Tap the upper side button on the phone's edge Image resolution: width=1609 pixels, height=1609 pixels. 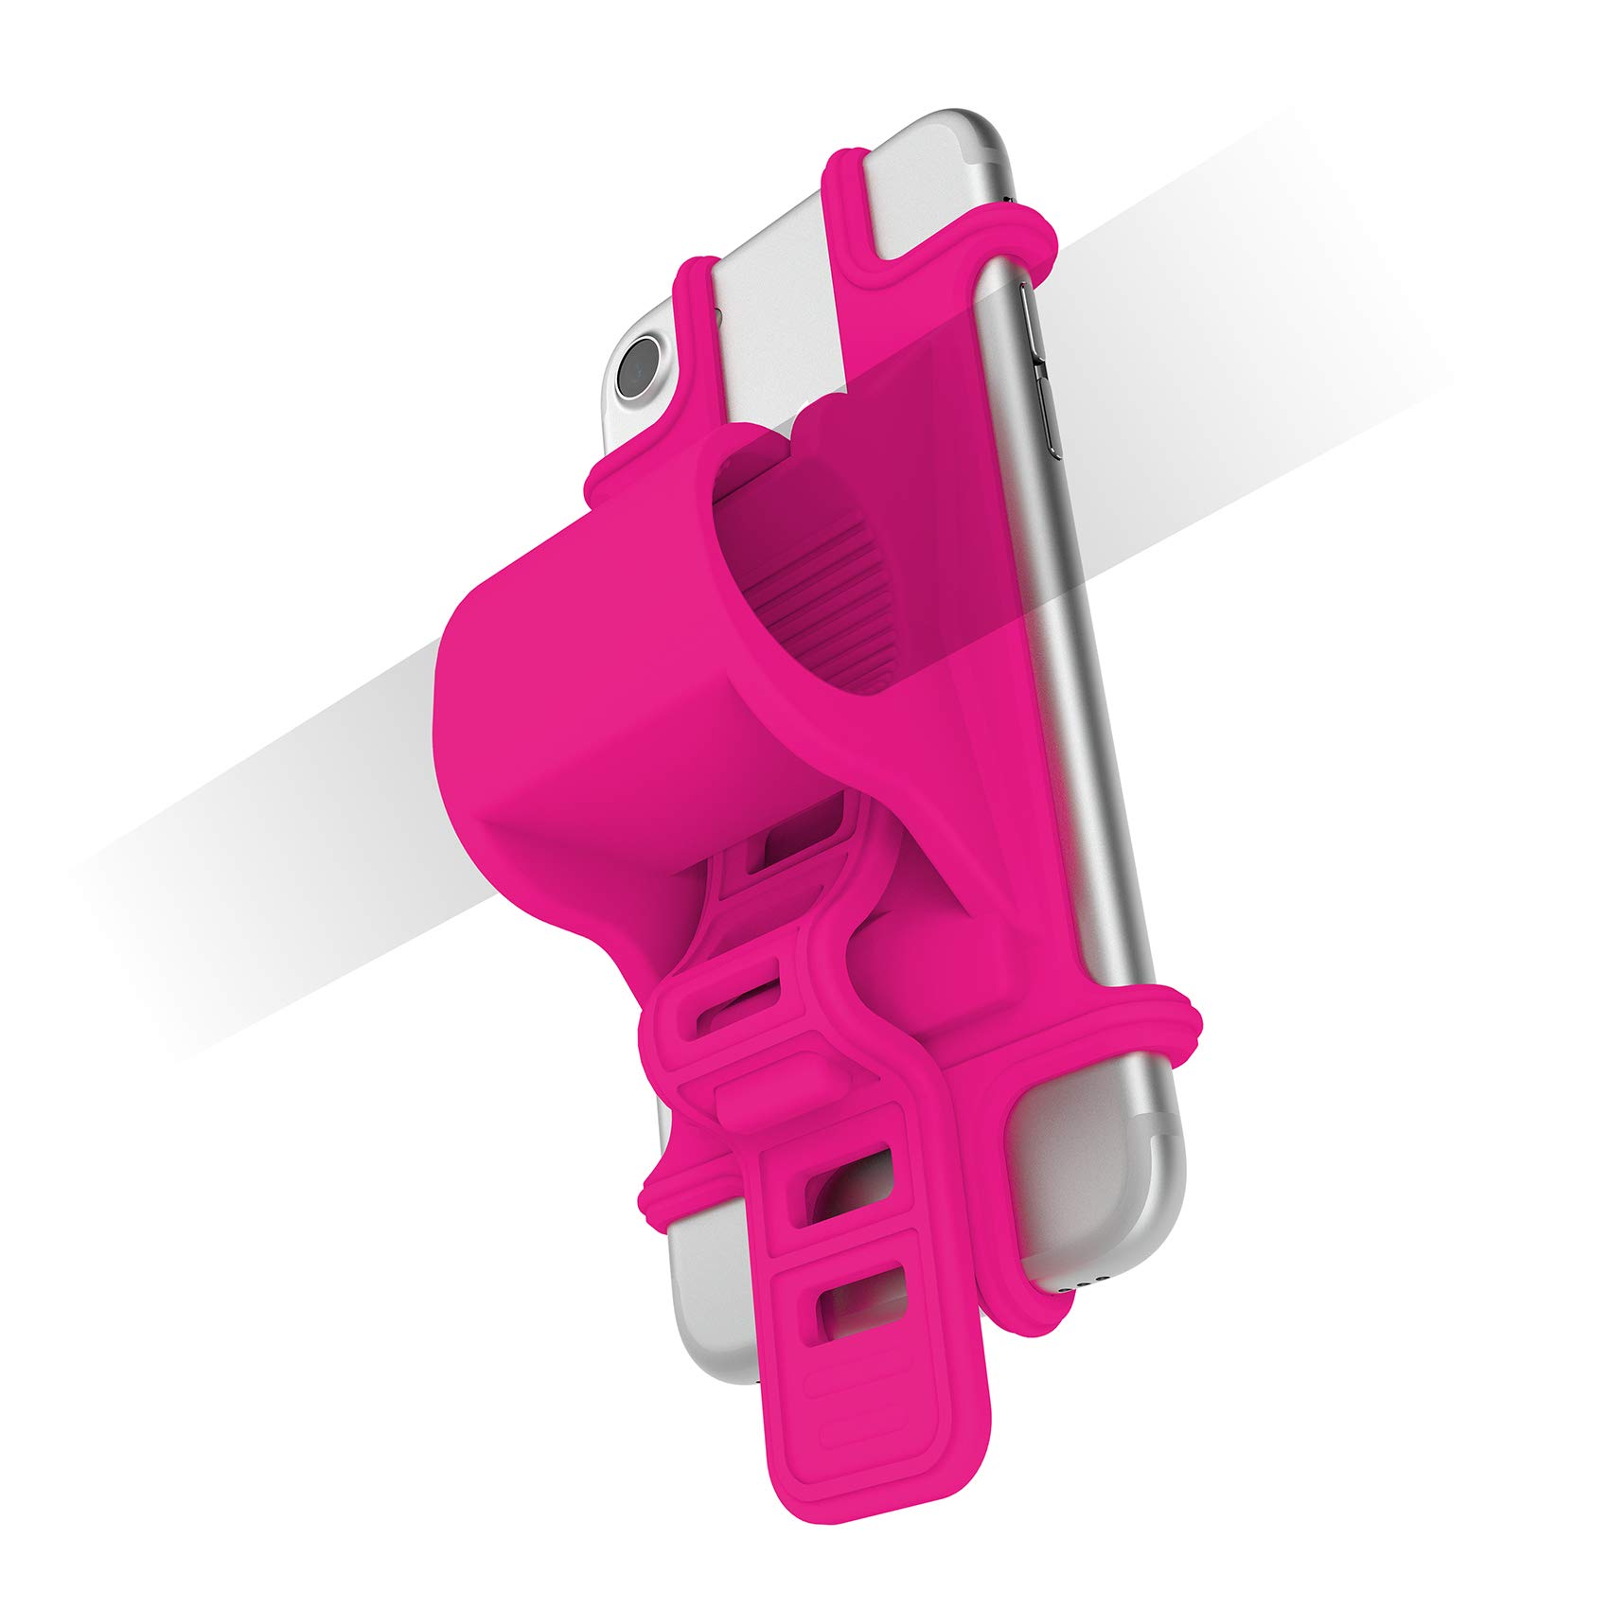[x=1030, y=322]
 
